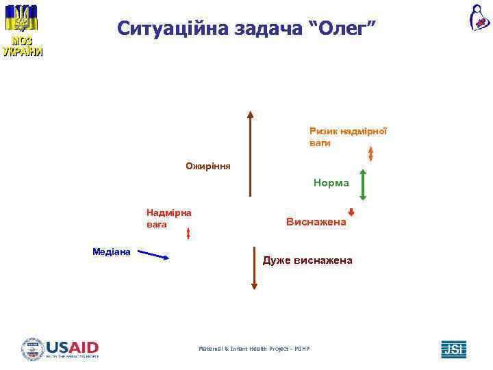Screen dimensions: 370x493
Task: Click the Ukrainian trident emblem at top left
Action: (23, 18)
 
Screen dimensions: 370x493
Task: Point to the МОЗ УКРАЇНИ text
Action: (23, 46)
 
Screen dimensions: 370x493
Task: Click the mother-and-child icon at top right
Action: (479, 18)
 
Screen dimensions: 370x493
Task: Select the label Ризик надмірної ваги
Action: (348, 137)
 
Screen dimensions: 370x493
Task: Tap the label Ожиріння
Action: (208, 166)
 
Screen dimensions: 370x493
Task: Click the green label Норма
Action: (331, 183)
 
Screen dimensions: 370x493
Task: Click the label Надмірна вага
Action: (168, 218)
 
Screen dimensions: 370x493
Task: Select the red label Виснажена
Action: (316, 223)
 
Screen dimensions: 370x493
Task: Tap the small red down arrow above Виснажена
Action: (351, 212)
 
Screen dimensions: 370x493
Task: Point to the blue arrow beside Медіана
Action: (156, 256)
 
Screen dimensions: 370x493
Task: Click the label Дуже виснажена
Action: (307, 260)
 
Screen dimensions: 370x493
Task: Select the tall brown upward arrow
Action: (251, 154)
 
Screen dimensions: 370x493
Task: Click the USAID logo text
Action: (72, 347)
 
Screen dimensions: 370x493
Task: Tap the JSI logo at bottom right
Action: (453, 349)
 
